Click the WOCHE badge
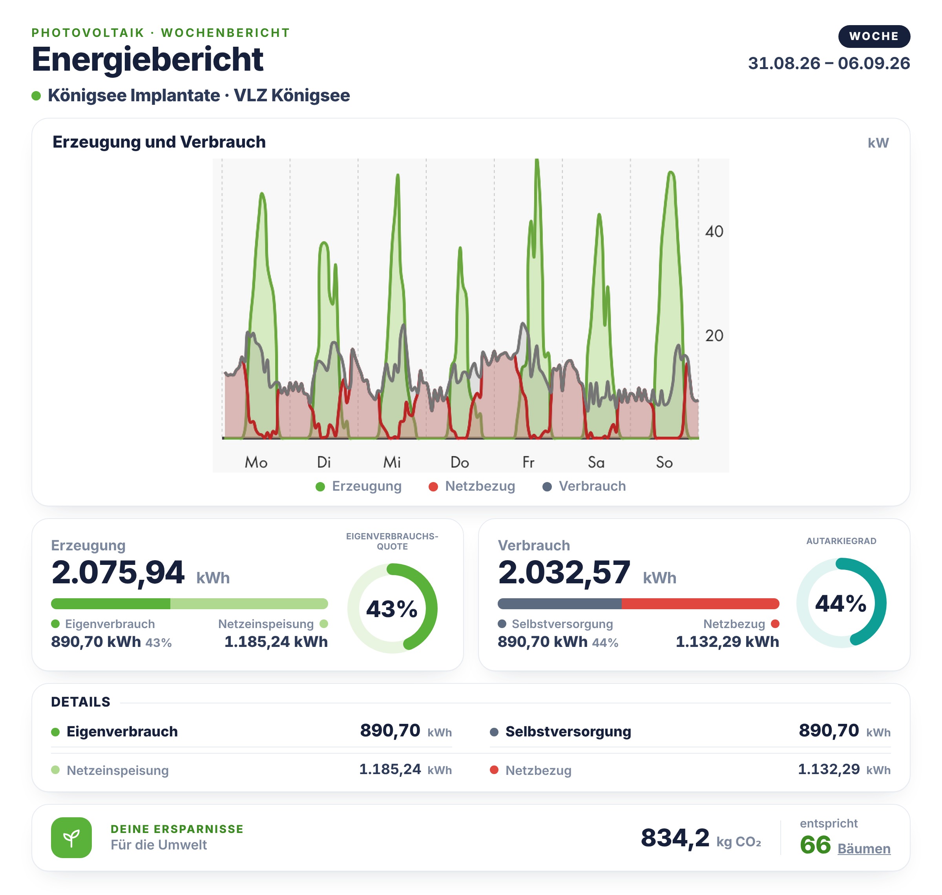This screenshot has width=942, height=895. pyautogui.click(x=874, y=36)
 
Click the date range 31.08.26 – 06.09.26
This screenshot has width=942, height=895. pyautogui.click(x=829, y=63)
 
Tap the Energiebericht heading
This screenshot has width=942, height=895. pyautogui.click(x=147, y=59)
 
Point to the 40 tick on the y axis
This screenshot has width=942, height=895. pyautogui.click(x=714, y=231)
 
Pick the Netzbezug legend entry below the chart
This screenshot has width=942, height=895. pyautogui.click(x=472, y=486)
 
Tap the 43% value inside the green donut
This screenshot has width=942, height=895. pyautogui.click(x=392, y=609)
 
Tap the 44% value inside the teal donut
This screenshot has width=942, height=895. pyautogui.click(x=840, y=603)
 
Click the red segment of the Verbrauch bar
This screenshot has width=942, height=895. pyautogui.click(x=700, y=603)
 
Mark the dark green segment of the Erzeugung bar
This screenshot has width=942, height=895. pyautogui.click(x=111, y=603)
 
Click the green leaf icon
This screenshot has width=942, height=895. pyautogui.click(x=71, y=838)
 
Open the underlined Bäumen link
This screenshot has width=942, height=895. pyautogui.click(x=864, y=849)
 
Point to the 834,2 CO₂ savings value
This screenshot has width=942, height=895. pyautogui.click(x=675, y=838)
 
